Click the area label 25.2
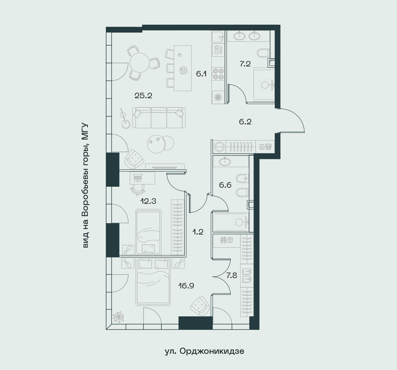(x=143, y=96)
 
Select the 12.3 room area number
(x=148, y=201)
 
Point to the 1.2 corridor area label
(x=198, y=232)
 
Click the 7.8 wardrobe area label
(x=232, y=275)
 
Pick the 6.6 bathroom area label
(x=225, y=185)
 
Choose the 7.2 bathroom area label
(x=245, y=64)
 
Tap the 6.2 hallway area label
(x=245, y=122)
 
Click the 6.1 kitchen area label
(x=201, y=74)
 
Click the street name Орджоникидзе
(x=212, y=351)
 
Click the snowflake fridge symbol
(x=218, y=97)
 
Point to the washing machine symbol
(x=219, y=147)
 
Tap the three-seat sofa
(x=159, y=117)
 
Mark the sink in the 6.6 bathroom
(x=224, y=161)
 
